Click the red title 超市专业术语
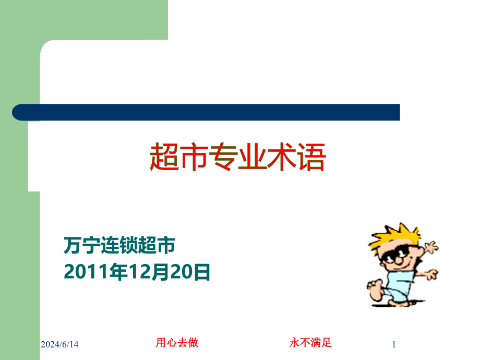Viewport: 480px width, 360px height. (x=238, y=157)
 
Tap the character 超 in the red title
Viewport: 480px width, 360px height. (x=164, y=157)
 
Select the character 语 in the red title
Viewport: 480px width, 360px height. (x=311, y=157)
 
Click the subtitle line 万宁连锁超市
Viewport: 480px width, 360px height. (x=119, y=245)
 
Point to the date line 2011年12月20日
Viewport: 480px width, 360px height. (x=137, y=271)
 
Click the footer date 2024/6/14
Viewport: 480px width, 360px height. (x=59, y=344)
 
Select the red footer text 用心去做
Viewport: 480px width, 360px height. (x=177, y=343)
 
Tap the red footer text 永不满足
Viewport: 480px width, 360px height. (x=310, y=343)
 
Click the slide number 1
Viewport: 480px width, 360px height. (x=394, y=344)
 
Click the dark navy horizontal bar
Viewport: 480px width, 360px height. (x=206, y=112)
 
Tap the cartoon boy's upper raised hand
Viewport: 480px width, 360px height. (x=431, y=247)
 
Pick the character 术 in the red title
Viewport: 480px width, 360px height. (x=282, y=157)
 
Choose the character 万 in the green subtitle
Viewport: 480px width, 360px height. (x=73, y=245)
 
